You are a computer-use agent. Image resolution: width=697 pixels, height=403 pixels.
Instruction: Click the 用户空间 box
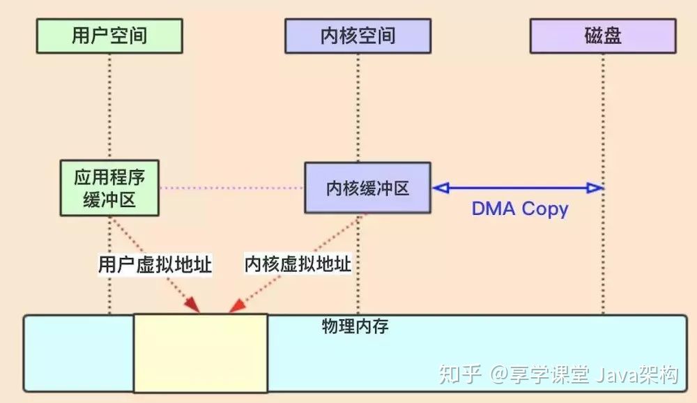109,36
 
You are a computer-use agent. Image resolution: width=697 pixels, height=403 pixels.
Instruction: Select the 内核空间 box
358,36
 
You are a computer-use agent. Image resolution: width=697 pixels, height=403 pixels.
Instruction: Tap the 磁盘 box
603,36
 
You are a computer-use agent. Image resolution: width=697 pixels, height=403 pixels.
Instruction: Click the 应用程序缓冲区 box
109,188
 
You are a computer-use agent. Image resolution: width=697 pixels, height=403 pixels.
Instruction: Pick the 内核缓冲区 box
367,188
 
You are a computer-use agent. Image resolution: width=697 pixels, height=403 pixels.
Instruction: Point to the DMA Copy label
520,208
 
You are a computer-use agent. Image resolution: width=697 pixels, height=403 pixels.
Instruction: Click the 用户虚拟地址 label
155,264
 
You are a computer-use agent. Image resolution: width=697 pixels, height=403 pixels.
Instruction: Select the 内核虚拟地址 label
298,264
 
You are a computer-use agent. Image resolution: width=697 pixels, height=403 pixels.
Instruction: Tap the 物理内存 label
355,326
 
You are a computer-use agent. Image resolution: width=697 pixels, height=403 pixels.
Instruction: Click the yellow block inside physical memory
201,353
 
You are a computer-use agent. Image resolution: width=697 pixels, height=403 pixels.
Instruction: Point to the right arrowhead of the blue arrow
595,187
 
